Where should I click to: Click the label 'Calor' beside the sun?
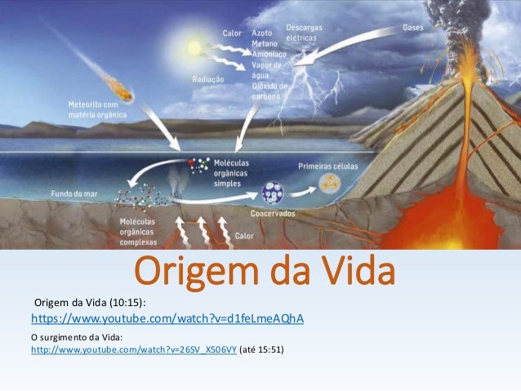[x=232, y=33]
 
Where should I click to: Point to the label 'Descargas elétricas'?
[x=304, y=32]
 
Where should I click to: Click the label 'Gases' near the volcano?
[x=413, y=27]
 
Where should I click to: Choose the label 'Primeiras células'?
[x=325, y=162]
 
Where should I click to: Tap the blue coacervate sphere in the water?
[x=271, y=193]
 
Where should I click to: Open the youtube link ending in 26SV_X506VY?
[x=133, y=349]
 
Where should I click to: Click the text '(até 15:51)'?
[x=261, y=349]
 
